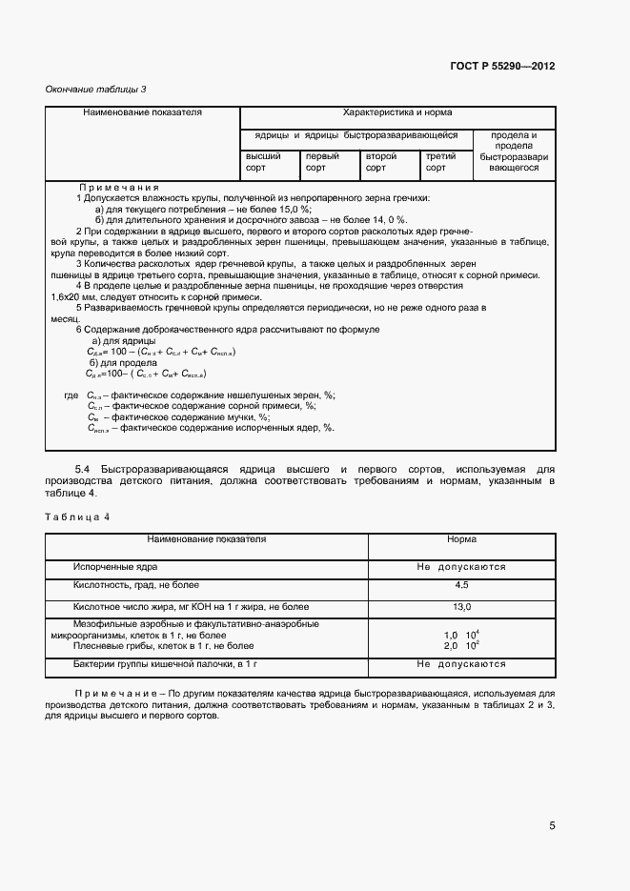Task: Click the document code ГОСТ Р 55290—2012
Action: tap(501, 67)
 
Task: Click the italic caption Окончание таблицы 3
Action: tap(96, 90)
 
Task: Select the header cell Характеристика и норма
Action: tap(396, 112)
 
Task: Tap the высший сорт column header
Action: tap(263, 162)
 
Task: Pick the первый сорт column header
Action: tap(322, 162)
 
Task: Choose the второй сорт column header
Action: tap(381, 162)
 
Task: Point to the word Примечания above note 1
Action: tap(118, 188)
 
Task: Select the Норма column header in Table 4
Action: tap(461, 539)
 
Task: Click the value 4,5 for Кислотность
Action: tap(461, 584)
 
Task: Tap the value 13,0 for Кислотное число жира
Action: tap(461, 605)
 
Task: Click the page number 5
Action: tap(552, 826)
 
